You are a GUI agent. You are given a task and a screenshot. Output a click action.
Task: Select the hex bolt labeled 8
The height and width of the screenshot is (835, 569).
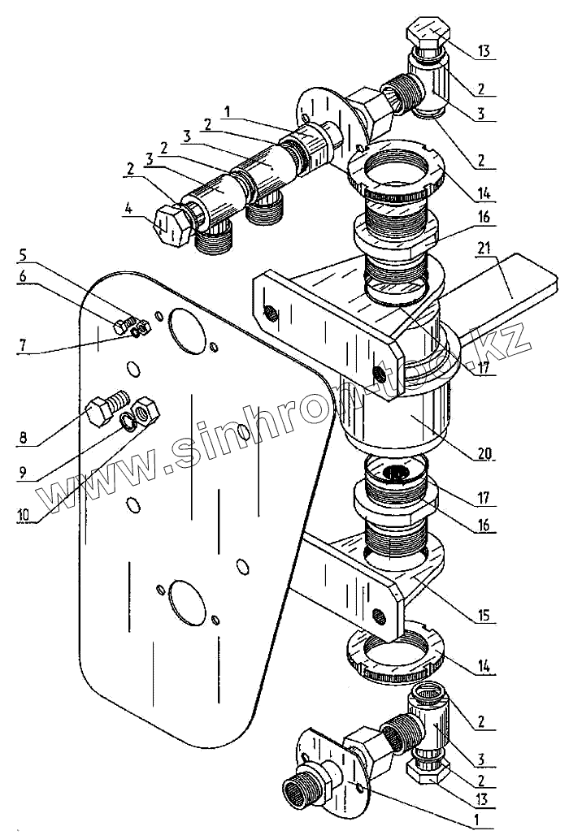pos(106,406)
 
